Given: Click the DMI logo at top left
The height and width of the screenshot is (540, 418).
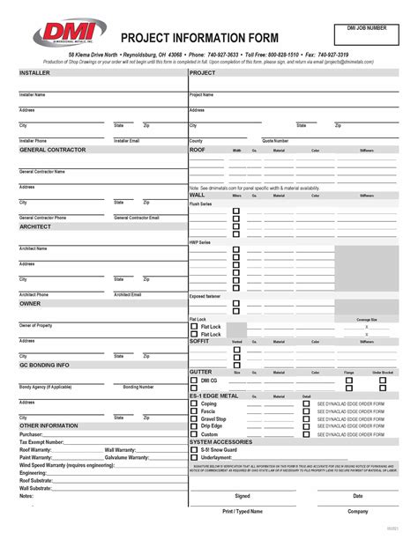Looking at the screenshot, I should tap(60, 33).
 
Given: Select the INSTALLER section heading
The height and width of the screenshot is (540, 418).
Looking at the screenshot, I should tap(35, 73).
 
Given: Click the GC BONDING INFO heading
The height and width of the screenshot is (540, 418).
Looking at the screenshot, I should tap(44, 364).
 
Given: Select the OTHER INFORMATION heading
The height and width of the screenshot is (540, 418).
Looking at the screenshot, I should tap(45, 425).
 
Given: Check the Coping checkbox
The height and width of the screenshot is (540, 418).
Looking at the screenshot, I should tap(194, 403).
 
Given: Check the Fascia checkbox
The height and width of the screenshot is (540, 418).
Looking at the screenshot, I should tap(194, 411).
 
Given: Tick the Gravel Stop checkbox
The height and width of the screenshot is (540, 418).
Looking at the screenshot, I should tap(194, 419).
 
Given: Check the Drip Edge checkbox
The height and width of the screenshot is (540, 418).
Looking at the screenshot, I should tap(194, 426).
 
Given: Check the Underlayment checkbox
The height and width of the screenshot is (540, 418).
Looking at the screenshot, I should tap(194, 458).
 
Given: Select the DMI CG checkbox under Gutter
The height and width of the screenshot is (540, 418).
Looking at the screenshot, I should tap(194, 381).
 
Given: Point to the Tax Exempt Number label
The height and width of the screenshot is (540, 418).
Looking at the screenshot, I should tap(41, 441).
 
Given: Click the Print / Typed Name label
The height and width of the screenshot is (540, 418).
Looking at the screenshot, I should tap(242, 511).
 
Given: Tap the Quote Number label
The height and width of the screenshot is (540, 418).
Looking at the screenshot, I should tap(275, 141).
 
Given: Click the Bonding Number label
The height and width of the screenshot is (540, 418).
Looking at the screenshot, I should tap(138, 387).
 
